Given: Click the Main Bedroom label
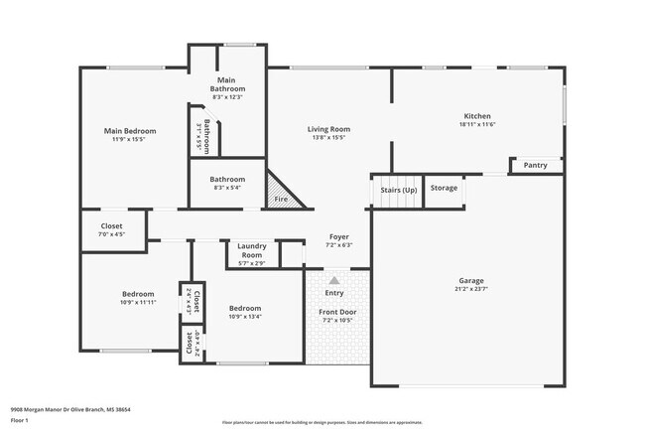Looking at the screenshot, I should pyautogui.click(x=125, y=130).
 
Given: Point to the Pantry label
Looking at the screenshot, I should pyautogui.click(x=536, y=165).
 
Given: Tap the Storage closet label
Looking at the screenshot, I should pyautogui.click(x=445, y=187).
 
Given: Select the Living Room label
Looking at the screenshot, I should pyautogui.click(x=327, y=129).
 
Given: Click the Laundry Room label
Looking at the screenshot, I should pyautogui.click(x=252, y=251).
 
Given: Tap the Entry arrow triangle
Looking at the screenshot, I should pyautogui.click(x=334, y=281).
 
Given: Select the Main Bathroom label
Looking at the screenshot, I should pyautogui.click(x=228, y=84).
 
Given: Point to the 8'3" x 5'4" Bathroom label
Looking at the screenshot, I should pyautogui.click(x=227, y=180).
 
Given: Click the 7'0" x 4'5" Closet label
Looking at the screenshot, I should pyautogui.click(x=112, y=225).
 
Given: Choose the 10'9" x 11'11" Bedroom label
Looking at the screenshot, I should pyautogui.click(x=138, y=294).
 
